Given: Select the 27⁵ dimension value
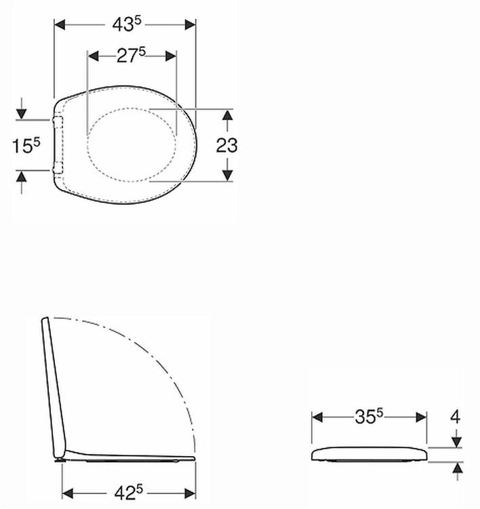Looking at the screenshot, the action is [131, 55].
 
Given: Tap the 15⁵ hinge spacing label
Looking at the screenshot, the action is [26, 145].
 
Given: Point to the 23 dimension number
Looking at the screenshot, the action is [226, 145].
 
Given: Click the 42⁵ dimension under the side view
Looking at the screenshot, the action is [128, 493].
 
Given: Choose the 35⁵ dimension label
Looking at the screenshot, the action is [369, 417].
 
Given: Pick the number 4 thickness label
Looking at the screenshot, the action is [456, 417].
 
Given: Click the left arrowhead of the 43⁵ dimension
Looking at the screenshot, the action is [60, 24].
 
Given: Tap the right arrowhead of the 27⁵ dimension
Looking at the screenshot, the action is [171, 56].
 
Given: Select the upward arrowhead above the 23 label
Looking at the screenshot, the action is [228, 115].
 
